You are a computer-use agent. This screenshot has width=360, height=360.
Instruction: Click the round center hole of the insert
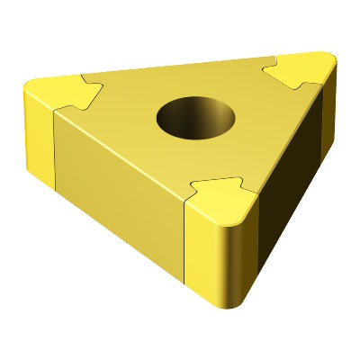[x=194, y=117]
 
